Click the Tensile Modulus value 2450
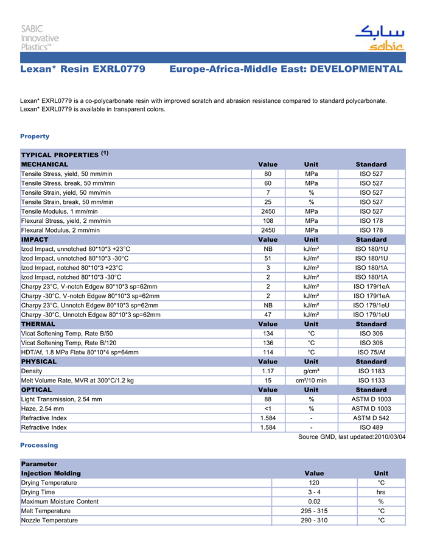tap(268, 211)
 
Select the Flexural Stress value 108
tap(268, 221)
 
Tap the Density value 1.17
tap(268, 371)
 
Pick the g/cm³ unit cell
tap(311, 371)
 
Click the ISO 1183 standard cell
tap(371, 371)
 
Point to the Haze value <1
tap(268, 409)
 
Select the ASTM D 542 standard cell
tap(371, 418)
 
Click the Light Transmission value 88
tap(268, 399)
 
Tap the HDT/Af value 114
tap(268, 353)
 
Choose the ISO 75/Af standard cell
tap(371, 353)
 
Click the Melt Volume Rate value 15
tap(268, 381)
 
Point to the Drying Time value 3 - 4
tap(314, 492)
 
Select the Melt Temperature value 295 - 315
tap(314, 511)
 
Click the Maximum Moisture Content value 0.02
tap(314, 502)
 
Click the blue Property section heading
tap(35, 136)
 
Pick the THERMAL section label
tap(38, 325)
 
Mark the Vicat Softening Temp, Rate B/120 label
tap(68, 343)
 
